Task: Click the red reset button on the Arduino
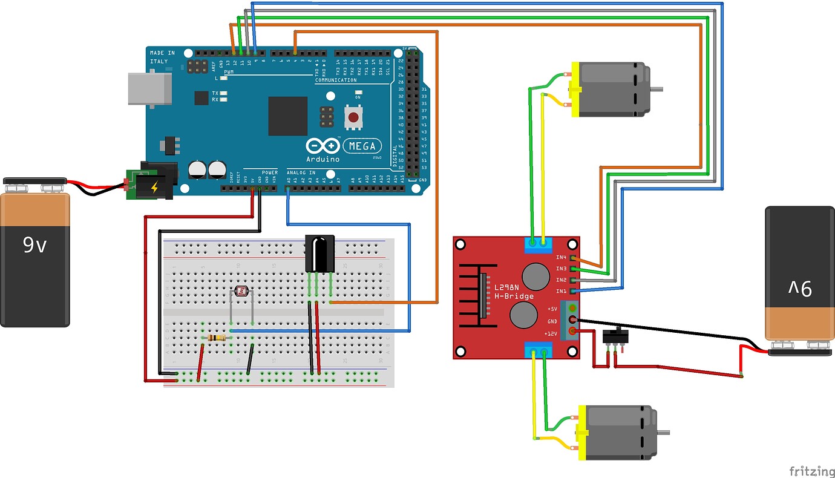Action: point(353,117)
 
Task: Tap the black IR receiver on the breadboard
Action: point(319,254)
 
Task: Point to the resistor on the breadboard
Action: point(217,338)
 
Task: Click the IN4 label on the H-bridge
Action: point(561,258)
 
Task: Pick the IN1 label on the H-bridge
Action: point(561,291)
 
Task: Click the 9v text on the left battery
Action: point(34,245)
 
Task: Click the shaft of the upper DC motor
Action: point(656,90)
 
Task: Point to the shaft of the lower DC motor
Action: point(663,432)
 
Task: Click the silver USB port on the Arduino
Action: point(149,90)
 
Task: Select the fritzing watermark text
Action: point(808,470)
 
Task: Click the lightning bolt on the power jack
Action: point(154,188)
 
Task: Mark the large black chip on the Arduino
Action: point(288,116)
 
